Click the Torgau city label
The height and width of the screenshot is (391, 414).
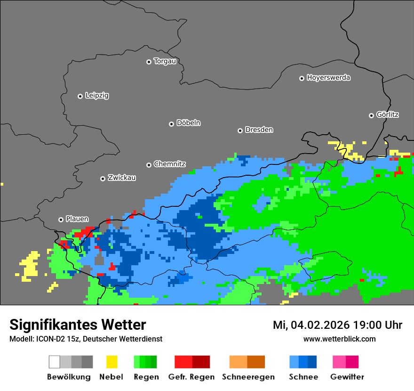pyautogui.click(x=165, y=61)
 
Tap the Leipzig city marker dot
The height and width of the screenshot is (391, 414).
pyautogui.click(x=80, y=96)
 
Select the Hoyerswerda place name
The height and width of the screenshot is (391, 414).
pyautogui.click(x=328, y=78)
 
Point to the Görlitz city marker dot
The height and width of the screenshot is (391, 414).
pyautogui.click(x=371, y=115)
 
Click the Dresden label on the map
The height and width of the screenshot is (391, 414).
pyautogui.click(x=259, y=130)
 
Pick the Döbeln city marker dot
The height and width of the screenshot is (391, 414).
pyautogui.click(x=171, y=124)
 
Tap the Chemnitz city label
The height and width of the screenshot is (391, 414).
pyautogui.click(x=169, y=164)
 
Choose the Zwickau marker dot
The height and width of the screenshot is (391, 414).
pyautogui.click(x=103, y=179)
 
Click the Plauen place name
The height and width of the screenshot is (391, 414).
pyautogui.click(x=77, y=219)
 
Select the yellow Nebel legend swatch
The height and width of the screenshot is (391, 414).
pyautogui.click(x=111, y=362)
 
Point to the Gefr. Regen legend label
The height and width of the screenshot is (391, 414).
pyautogui.click(x=191, y=377)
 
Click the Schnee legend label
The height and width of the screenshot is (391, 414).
pyautogui.click(x=303, y=377)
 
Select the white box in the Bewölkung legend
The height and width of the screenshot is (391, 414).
pyautogui.click(x=54, y=362)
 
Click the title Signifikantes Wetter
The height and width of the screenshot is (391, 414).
pyautogui.click(x=78, y=325)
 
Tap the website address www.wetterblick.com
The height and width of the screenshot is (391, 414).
pyautogui.click(x=339, y=339)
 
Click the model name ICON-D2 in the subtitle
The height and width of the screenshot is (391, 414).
pyautogui.click(x=49, y=339)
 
